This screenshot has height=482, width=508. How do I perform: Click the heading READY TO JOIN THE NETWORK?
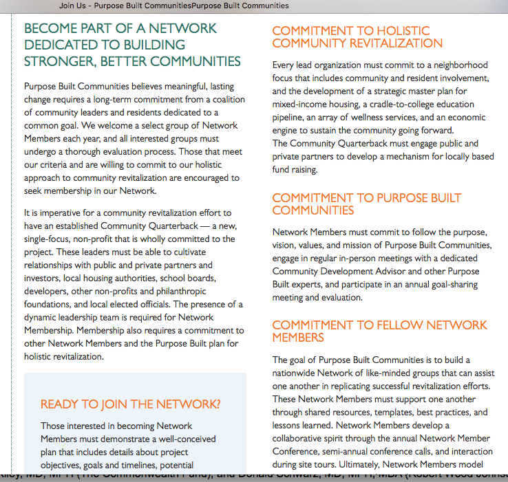click(x=130, y=404)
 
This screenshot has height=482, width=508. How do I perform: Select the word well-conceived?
click(x=181, y=439)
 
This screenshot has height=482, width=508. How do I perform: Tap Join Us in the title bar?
click(x=72, y=6)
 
